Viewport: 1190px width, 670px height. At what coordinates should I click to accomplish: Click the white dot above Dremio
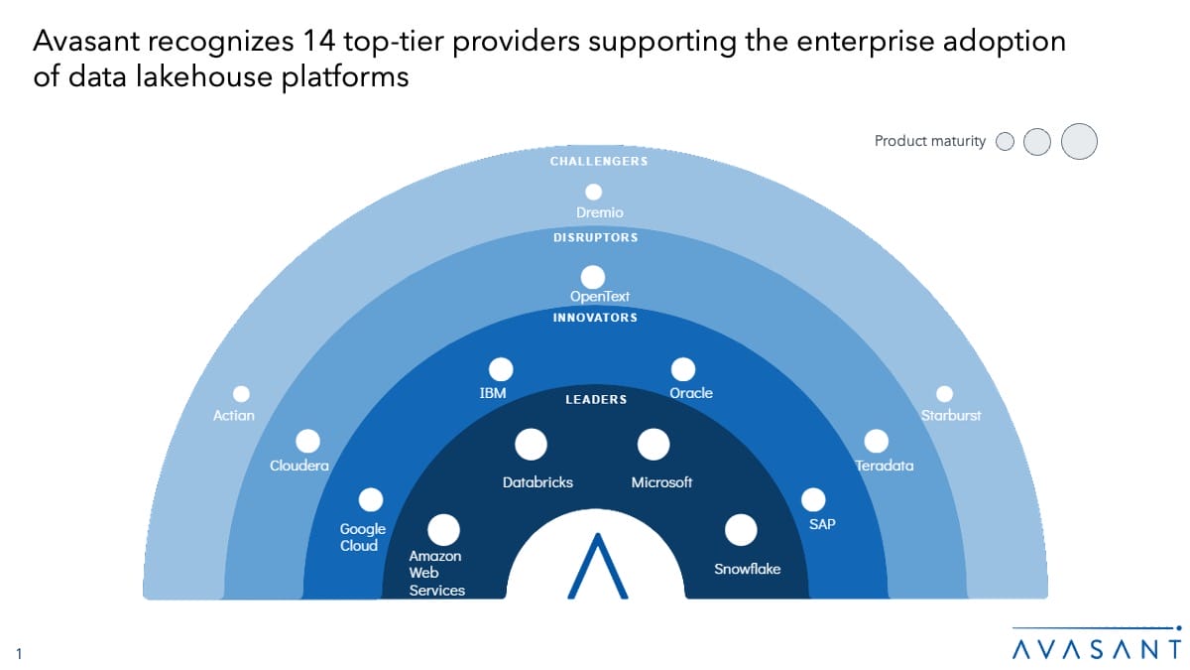click(593, 193)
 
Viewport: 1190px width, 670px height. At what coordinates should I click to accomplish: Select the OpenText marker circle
click(593, 277)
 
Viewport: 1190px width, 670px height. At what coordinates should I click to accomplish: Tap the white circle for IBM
click(501, 369)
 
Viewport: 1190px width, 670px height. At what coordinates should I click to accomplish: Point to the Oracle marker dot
click(683, 369)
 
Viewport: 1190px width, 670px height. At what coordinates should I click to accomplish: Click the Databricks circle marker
click(532, 445)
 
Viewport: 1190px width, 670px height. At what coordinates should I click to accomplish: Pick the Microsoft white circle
click(653, 445)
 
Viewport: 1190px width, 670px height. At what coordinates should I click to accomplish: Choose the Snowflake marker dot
click(740, 530)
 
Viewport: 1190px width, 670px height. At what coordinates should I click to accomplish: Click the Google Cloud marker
click(371, 499)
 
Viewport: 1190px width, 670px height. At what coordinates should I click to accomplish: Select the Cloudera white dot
click(307, 441)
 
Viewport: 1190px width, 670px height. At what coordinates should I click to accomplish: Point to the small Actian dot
click(241, 394)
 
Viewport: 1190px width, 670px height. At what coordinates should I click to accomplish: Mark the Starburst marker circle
click(944, 394)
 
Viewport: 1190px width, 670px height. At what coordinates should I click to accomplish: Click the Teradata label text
click(885, 466)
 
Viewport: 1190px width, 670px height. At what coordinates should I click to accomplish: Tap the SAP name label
click(822, 523)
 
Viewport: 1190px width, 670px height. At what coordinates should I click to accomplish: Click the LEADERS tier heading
click(596, 400)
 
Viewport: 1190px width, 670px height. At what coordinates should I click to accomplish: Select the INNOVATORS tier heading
click(595, 318)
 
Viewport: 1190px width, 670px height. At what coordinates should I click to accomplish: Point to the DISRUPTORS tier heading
click(595, 238)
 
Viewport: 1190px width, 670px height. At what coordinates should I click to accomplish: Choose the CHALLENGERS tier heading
click(599, 161)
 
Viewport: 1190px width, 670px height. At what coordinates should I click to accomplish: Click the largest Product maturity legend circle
click(1079, 141)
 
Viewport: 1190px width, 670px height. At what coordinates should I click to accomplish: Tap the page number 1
click(19, 652)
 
